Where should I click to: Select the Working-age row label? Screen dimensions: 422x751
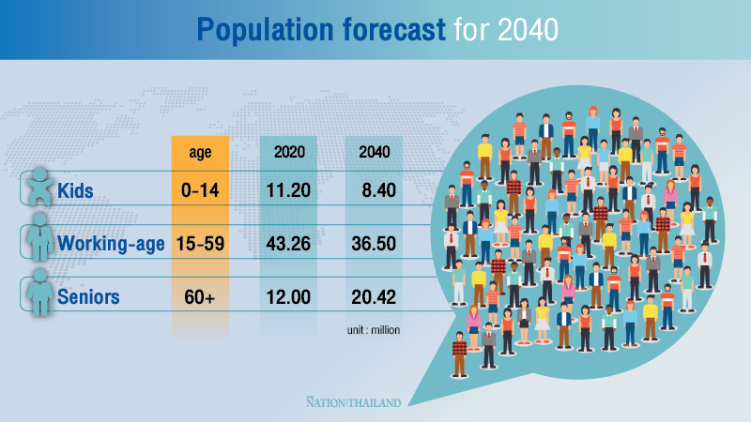(x=111, y=245)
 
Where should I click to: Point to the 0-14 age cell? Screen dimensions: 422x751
(x=200, y=191)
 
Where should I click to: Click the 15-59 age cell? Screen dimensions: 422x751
(x=200, y=245)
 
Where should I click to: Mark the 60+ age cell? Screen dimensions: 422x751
(x=200, y=298)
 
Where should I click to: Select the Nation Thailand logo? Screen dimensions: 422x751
(x=354, y=402)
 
